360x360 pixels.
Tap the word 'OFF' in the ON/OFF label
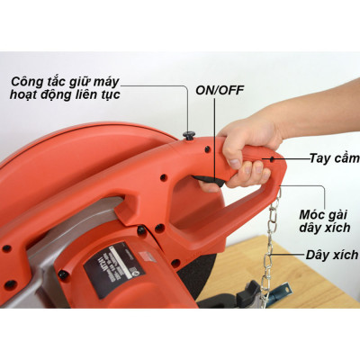[233, 90]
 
